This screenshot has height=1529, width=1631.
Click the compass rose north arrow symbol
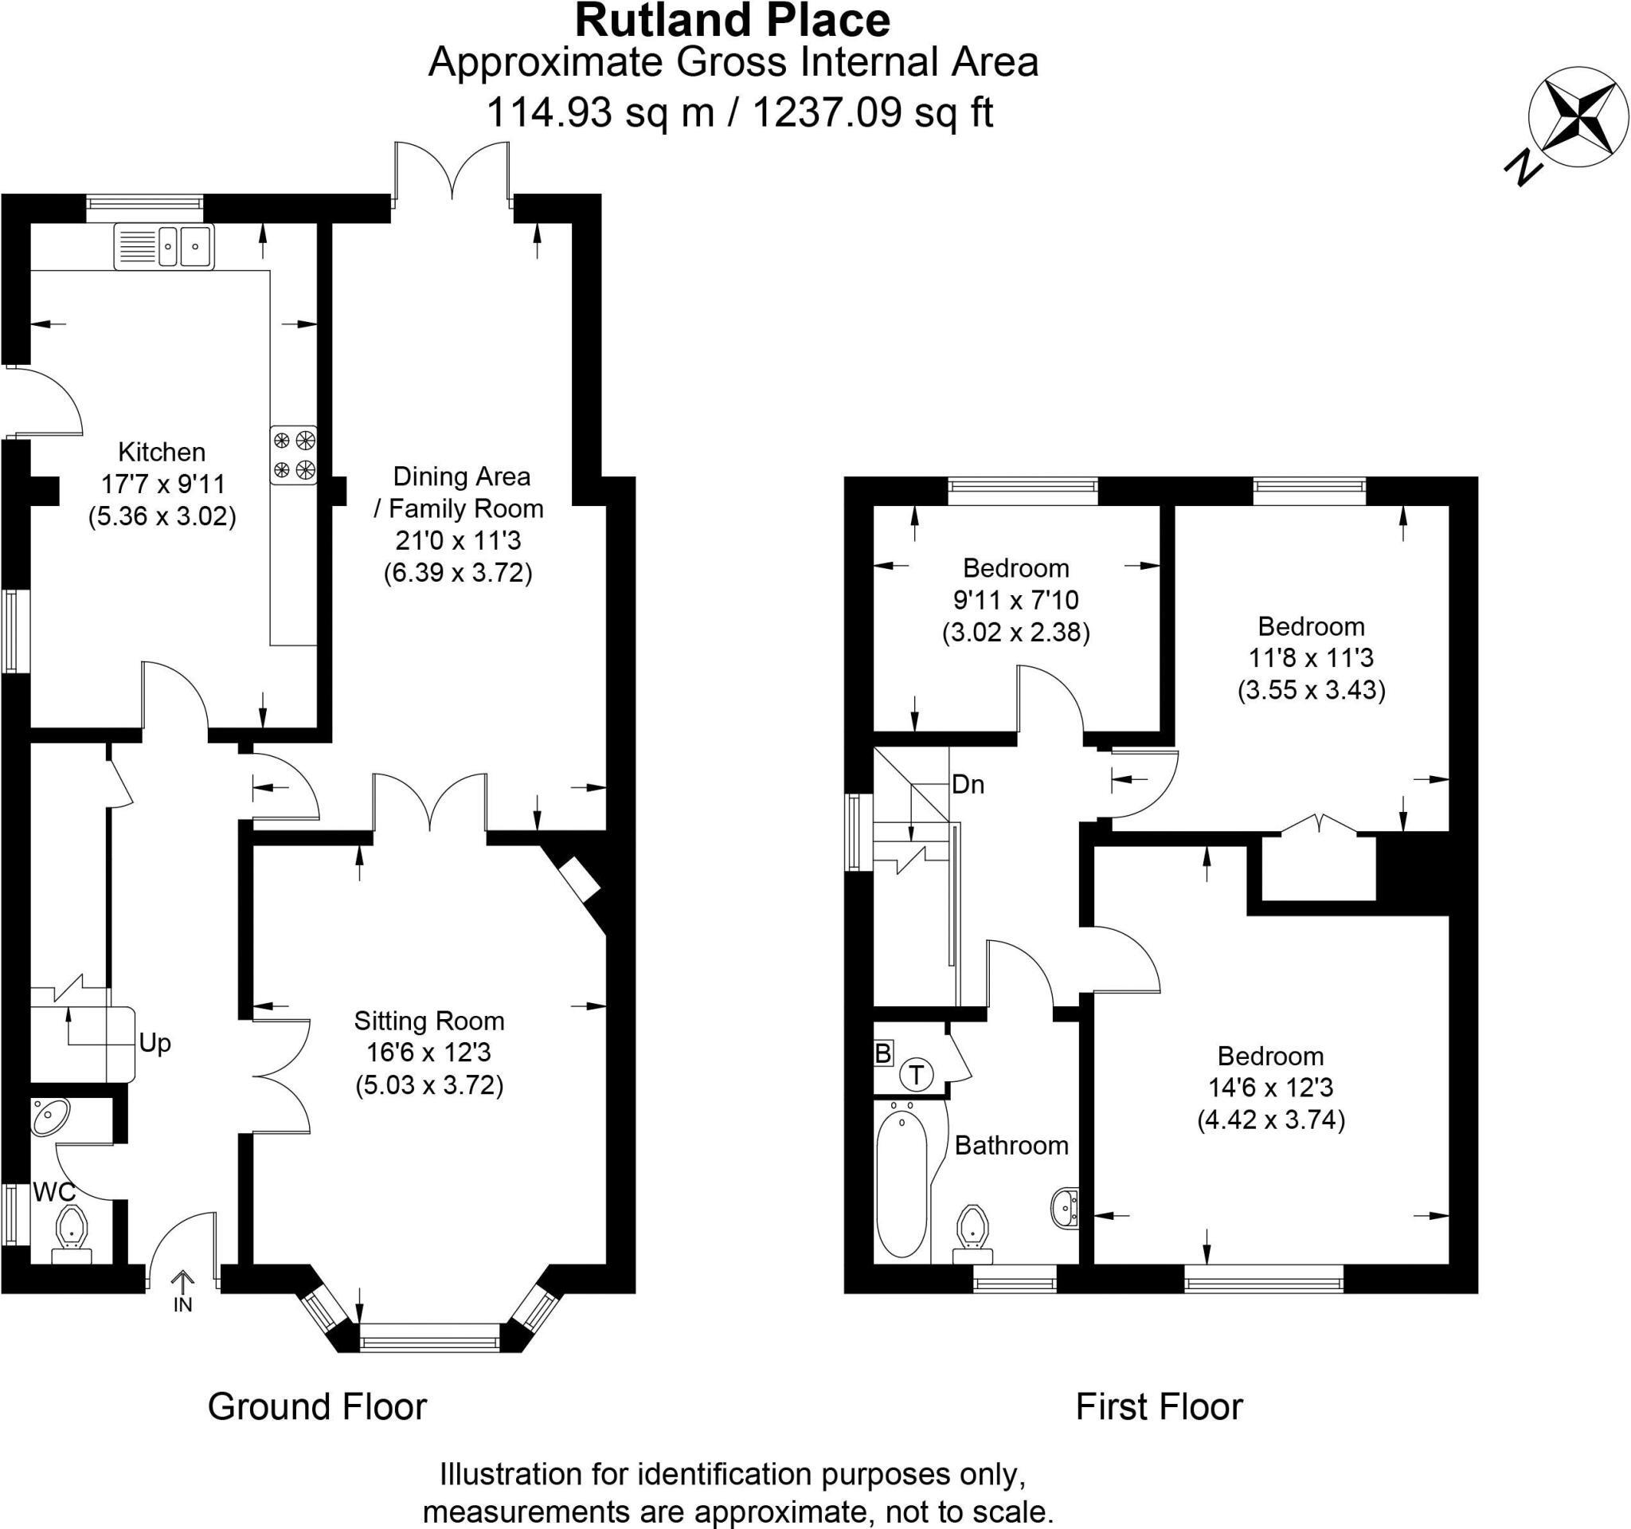pyautogui.click(x=1577, y=118)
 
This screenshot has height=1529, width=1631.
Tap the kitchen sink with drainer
pyautogui.click(x=164, y=245)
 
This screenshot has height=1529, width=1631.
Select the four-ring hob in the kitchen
pyautogui.click(x=294, y=455)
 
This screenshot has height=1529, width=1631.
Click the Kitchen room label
pyautogui.click(x=162, y=452)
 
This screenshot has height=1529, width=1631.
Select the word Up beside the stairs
pyautogui.click(x=154, y=1043)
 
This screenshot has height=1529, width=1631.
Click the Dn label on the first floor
pyautogui.click(x=968, y=785)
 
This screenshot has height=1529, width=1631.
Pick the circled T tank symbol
pyautogui.click(x=917, y=1074)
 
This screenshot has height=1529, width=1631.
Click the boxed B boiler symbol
pyautogui.click(x=882, y=1054)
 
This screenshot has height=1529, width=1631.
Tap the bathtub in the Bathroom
pyautogui.click(x=902, y=1182)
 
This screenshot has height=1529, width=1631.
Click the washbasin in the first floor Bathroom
pyautogui.click(x=1065, y=1207)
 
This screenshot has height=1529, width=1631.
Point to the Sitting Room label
pyautogui.click(x=429, y=1021)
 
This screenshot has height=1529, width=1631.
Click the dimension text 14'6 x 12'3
pyautogui.click(x=1270, y=1088)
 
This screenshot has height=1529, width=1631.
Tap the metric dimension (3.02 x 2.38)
pyautogui.click(x=1015, y=633)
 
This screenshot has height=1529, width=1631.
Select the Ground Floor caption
pyautogui.click(x=318, y=1407)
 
